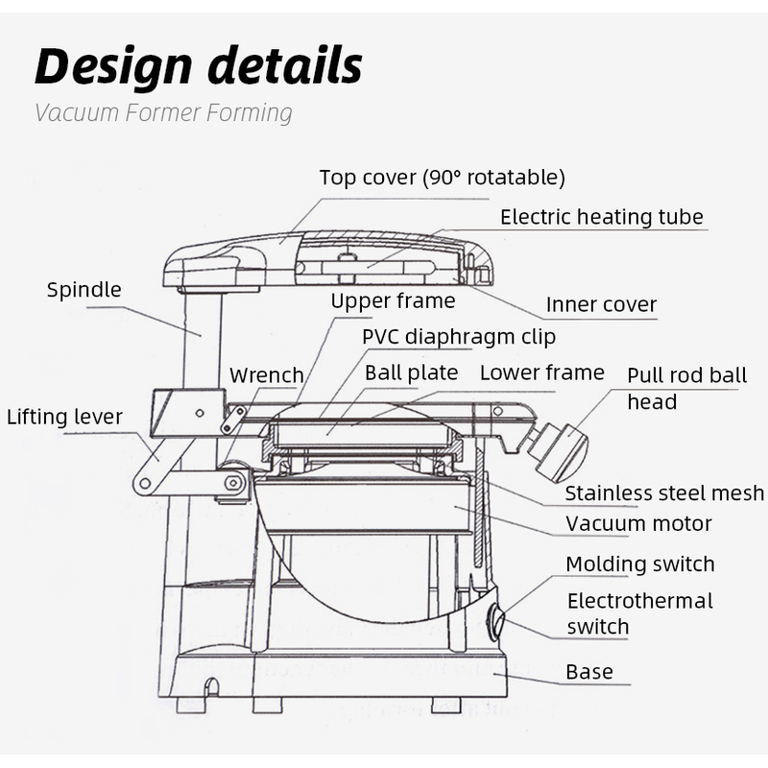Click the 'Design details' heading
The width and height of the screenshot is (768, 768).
[199, 65]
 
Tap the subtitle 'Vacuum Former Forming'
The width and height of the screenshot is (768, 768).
[163, 113]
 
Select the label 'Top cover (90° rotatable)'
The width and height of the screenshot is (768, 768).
[442, 178]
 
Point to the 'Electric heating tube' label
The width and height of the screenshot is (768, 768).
[601, 217]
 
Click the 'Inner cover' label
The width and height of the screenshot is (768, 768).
[601, 305]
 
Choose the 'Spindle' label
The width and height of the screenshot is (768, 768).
[84, 290]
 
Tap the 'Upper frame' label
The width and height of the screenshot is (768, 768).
[393, 301]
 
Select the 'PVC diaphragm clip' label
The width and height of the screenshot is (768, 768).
[458, 337]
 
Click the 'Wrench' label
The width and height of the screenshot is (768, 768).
[266, 375]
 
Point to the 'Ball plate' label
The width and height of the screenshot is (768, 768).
[411, 372]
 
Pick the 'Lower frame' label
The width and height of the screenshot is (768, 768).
[541, 372]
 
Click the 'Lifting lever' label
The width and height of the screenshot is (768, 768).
[64, 418]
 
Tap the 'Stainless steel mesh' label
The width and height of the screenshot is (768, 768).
[664, 493]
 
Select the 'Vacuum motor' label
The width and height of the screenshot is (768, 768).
[638, 524]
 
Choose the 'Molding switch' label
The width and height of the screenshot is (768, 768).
[639, 564]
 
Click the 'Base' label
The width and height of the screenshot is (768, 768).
[588, 672]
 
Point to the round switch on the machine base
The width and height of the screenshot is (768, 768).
[496, 622]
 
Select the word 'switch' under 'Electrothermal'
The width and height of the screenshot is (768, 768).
[597, 628]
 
